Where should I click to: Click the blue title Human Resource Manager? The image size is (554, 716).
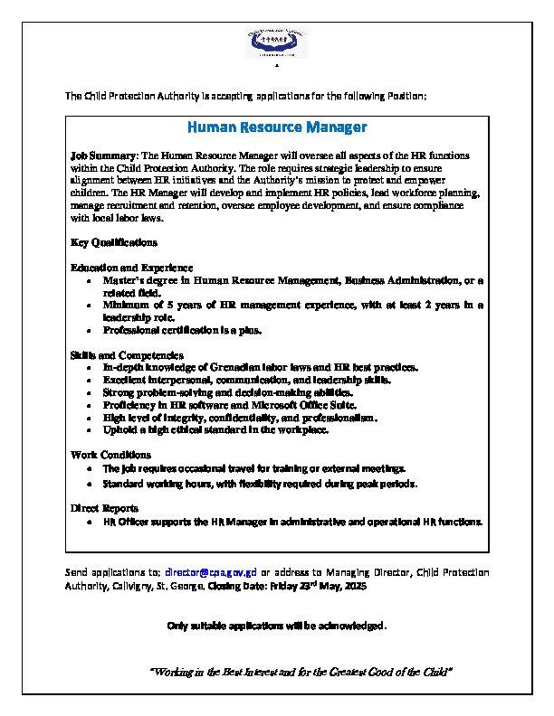click(x=277, y=127)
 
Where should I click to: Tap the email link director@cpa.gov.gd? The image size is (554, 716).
click(x=216, y=572)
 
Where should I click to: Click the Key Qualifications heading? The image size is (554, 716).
click(x=113, y=242)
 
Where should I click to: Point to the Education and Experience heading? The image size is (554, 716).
click(x=131, y=268)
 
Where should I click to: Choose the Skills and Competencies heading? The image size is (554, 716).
click(x=127, y=355)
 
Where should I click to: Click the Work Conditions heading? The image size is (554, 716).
click(x=110, y=455)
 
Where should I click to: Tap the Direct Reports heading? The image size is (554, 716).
click(x=104, y=508)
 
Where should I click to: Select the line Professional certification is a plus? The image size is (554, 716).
click(x=182, y=330)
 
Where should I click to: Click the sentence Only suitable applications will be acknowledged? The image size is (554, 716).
click(x=277, y=626)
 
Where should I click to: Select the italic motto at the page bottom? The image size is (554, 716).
click(x=300, y=672)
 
